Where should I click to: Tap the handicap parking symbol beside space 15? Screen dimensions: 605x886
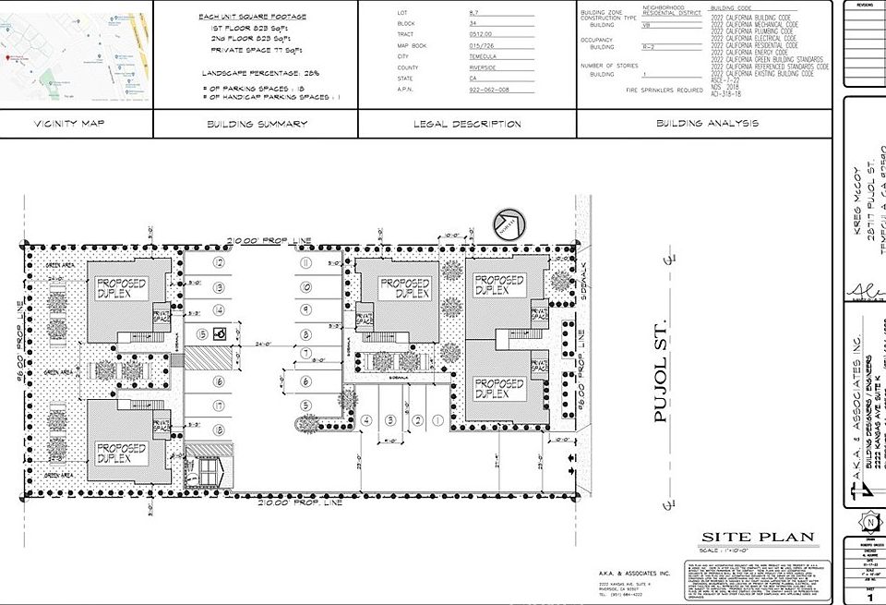tap(221, 333)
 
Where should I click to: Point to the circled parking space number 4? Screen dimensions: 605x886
tap(366, 420)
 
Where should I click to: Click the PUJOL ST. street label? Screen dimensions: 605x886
tap(660, 380)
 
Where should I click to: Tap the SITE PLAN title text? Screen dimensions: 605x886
tap(758, 537)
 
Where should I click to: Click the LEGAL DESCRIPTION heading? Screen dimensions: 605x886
tap(467, 124)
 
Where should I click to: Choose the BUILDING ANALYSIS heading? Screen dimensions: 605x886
tap(708, 123)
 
